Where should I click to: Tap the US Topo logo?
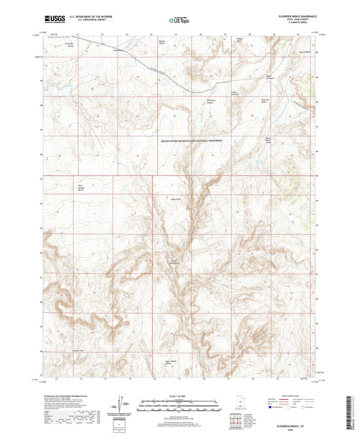(x=178, y=21)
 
